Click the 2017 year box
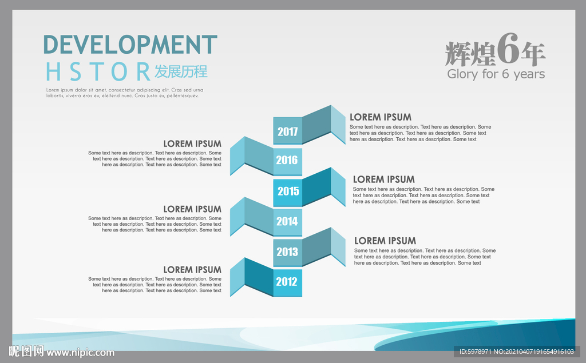click(x=287, y=131)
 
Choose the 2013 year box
click(x=287, y=253)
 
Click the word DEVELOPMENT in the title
click(x=130, y=45)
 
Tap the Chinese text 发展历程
click(x=181, y=71)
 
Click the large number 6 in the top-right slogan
click(x=508, y=49)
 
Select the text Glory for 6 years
click(x=496, y=74)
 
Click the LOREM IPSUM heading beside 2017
click(x=381, y=117)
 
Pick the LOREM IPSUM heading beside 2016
click(x=192, y=144)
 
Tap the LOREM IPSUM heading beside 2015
click(x=384, y=179)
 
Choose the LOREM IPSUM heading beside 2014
click(x=192, y=209)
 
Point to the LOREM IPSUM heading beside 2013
click(x=385, y=241)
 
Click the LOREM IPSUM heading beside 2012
click(x=192, y=270)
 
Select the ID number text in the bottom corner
click(x=517, y=352)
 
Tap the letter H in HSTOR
click(x=53, y=71)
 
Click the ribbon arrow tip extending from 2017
click(x=345, y=144)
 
